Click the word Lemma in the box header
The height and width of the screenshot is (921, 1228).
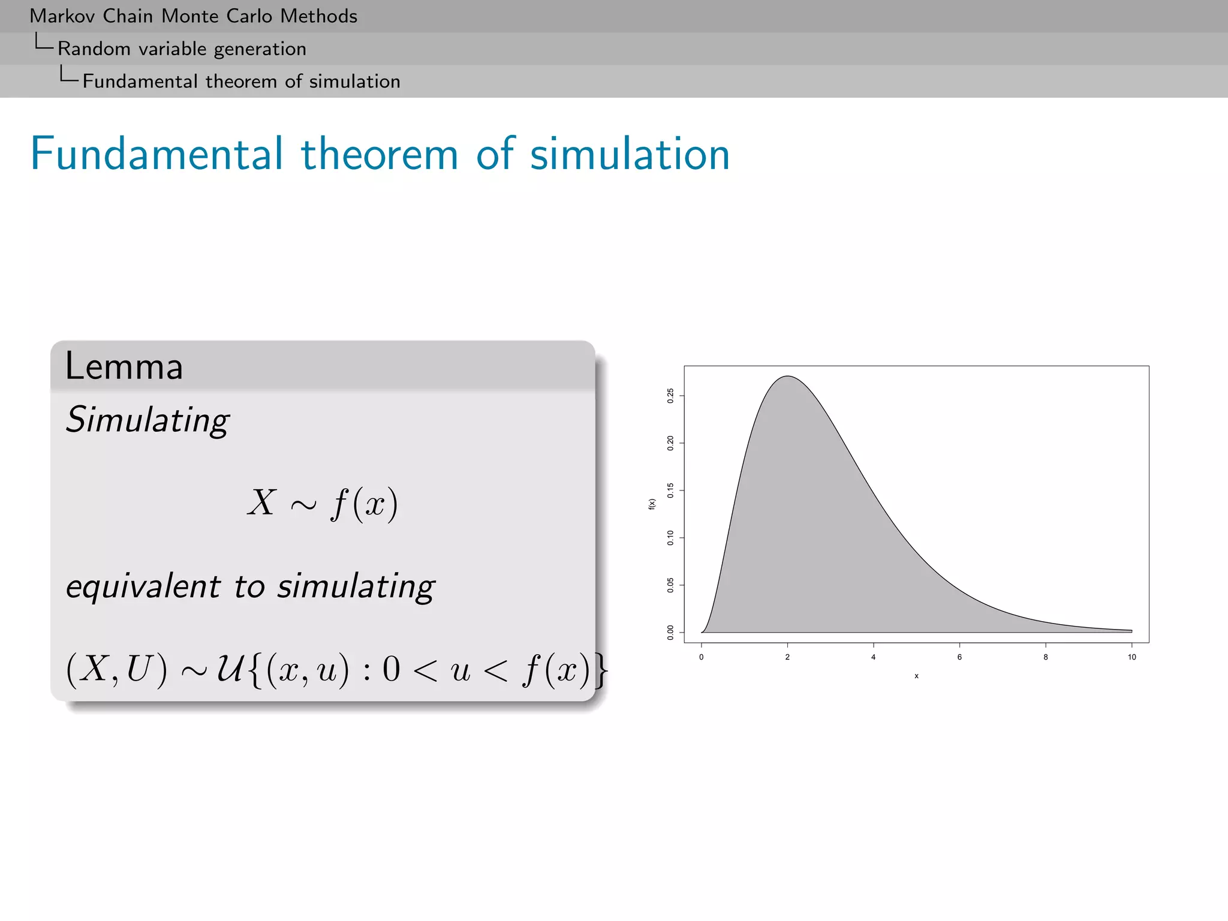[124, 366]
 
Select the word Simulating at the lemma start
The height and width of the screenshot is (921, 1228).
[147, 420]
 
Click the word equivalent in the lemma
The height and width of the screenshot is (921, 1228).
[143, 586]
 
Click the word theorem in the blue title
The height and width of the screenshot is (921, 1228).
[379, 154]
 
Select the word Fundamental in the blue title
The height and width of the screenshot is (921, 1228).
[156, 154]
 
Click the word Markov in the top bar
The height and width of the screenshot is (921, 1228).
[62, 16]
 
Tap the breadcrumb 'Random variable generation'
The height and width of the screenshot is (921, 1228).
[182, 49]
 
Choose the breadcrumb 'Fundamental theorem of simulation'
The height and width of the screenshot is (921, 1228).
[241, 82]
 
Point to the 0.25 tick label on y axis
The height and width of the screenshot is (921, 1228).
[670, 396]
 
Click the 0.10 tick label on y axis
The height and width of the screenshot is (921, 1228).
[670, 538]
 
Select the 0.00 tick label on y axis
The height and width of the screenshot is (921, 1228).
[670, 633]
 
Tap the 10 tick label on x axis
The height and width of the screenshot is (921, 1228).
[1131, 657]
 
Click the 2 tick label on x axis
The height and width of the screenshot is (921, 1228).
[787, 657]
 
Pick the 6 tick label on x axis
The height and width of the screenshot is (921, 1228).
[959, 657]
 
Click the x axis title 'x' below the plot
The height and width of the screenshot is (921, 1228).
[916, 676]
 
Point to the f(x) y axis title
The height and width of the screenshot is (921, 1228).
[652, 504]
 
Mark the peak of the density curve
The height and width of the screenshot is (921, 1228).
[788, 377]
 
